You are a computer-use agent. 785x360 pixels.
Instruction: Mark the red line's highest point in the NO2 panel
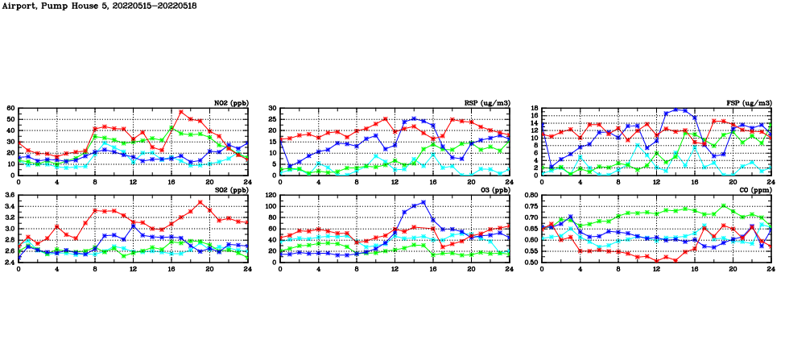181,112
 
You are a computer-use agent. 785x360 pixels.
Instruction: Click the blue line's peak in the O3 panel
423,202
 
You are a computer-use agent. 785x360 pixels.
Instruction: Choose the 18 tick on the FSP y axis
534,108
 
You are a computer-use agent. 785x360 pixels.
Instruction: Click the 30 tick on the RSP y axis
272,108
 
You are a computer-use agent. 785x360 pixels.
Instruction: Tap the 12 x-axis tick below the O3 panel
395,269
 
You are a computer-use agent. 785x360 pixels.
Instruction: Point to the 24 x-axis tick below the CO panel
771,269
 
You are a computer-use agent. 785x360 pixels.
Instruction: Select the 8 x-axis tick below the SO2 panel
95,269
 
